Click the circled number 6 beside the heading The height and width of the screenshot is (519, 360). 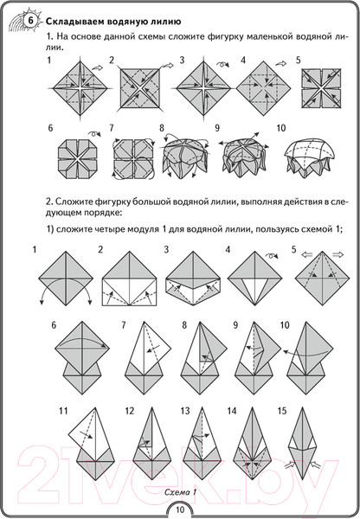pos(30,21)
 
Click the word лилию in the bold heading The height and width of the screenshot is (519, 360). pos(165,22)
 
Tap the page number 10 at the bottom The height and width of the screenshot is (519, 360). pos(180,509)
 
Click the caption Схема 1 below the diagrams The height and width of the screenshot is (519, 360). pos(180,492)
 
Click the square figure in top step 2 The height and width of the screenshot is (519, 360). pos(139,88)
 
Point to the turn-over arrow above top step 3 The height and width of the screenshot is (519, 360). pos(223,65)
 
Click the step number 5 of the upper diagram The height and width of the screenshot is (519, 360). pos(299,61)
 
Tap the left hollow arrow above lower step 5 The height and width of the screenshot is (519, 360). pos(307,254)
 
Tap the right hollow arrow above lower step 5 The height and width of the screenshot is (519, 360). pos(337,254)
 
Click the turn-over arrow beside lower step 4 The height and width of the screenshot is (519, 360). pos(272,256)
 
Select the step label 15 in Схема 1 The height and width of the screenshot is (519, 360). pos(282,411)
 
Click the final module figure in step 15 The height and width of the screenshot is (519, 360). pos(302,443)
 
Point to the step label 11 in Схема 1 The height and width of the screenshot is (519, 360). pos(63,411)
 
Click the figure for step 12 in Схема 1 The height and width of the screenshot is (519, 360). pos(151,443)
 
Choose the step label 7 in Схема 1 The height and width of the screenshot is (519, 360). pos(124,325)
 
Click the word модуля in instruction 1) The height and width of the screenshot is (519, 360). pos(143,229)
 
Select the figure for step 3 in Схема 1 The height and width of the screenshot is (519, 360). pos(193,278)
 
